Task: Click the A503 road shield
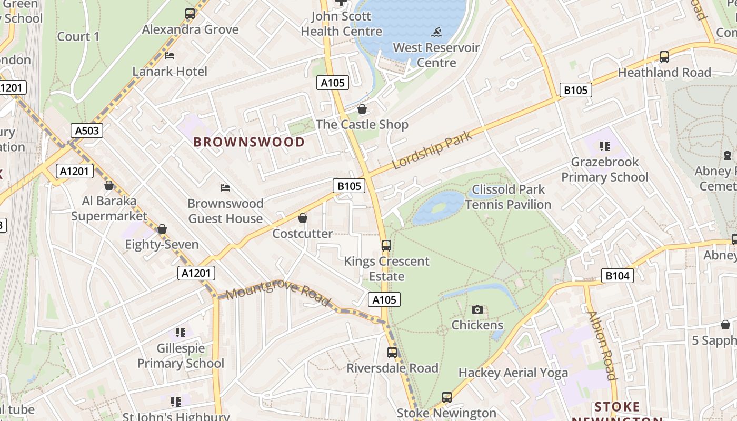(x=87, y=131)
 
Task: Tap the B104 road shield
(x=618, y=275)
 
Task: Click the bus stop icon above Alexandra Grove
(x=190, y=14)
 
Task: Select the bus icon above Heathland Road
(x=664, y=57)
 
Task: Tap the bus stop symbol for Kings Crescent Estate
(x=386, y=246)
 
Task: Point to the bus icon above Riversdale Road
(x=392, y=353)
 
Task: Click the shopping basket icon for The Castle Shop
(x=362, y=109)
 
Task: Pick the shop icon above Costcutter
(x=303, y=218)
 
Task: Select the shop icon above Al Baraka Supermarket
(x=109, y=185)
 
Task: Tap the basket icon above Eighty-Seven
(x=162, y=229)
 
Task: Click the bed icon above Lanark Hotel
(x=170, y=56)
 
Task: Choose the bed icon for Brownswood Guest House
(x=225, y=188)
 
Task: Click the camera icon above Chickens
(x=477, y=309)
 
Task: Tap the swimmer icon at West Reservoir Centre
(x=436, y=32)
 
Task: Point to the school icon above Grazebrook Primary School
(x=605, y=146)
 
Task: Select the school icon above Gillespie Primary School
(x=181, y=333)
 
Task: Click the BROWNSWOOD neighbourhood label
(x=249, y=142)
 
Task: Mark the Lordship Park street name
(x=432, y=150)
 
